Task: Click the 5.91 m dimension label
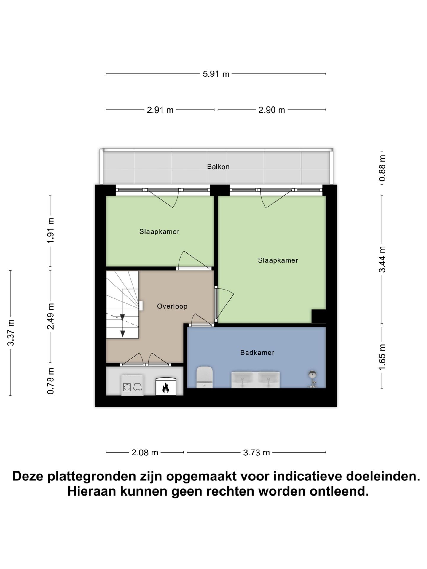tap(216, 74)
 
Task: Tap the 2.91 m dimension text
tap(160, 110)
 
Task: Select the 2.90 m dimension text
tap(272, 110)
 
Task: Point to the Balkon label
tap(218, 167)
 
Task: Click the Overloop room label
tap(172, 306)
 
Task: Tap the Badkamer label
tap(257, 352)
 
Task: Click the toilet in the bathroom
tap(205, 377)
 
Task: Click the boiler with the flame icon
tap(166, 386)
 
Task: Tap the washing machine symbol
tap(132, 385)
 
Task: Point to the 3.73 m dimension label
tap(256, 453)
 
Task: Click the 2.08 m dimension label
tap(145, 453)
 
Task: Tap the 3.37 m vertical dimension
tap(11, 333)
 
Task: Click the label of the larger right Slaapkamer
tap(278, 260)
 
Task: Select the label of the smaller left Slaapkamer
tap(159, 231)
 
